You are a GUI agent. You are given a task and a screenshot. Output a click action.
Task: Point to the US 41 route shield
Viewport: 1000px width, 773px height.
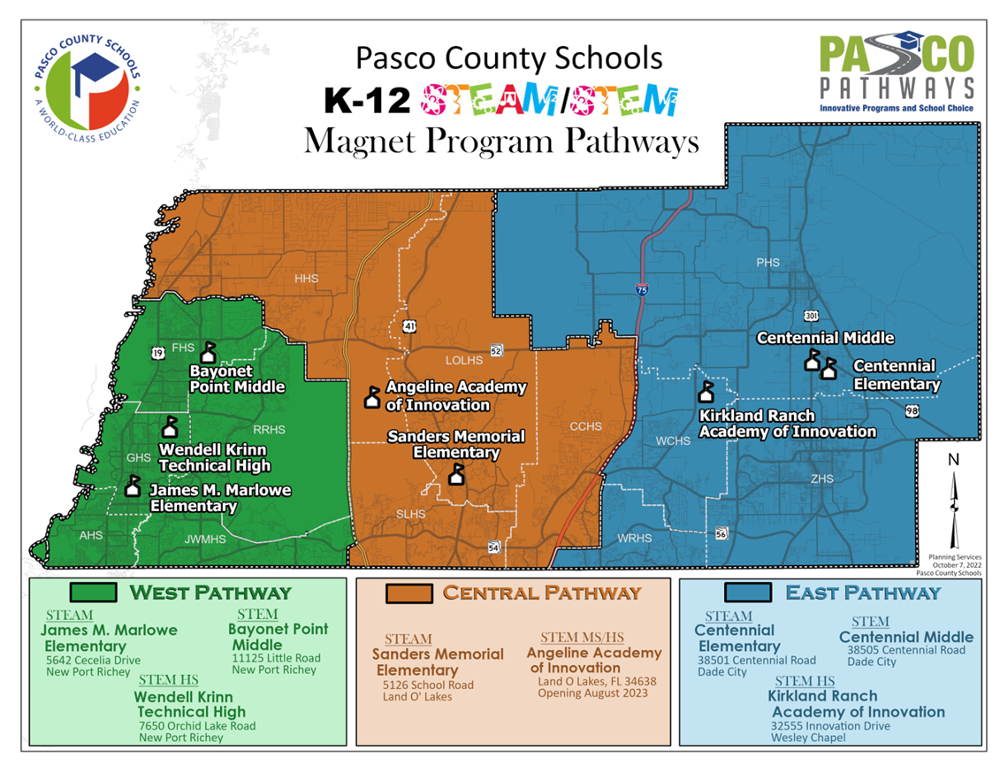408,326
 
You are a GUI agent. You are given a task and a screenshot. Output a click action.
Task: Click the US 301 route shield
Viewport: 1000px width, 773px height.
811,316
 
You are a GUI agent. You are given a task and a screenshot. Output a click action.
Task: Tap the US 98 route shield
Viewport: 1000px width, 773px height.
911,411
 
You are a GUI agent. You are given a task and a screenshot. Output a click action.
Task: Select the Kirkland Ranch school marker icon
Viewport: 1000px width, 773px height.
706,392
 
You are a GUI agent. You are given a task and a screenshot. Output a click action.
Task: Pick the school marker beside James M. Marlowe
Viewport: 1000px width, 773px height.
133,486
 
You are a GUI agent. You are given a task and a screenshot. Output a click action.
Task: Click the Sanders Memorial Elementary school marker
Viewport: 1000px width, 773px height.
456,475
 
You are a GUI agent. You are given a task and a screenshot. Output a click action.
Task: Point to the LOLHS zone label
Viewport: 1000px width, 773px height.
464,360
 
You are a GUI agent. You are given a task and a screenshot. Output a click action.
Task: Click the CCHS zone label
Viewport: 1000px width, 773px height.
585,426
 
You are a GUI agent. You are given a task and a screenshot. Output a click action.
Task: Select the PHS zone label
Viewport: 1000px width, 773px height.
768,263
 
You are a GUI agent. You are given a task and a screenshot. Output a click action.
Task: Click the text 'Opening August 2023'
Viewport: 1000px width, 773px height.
592,693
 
